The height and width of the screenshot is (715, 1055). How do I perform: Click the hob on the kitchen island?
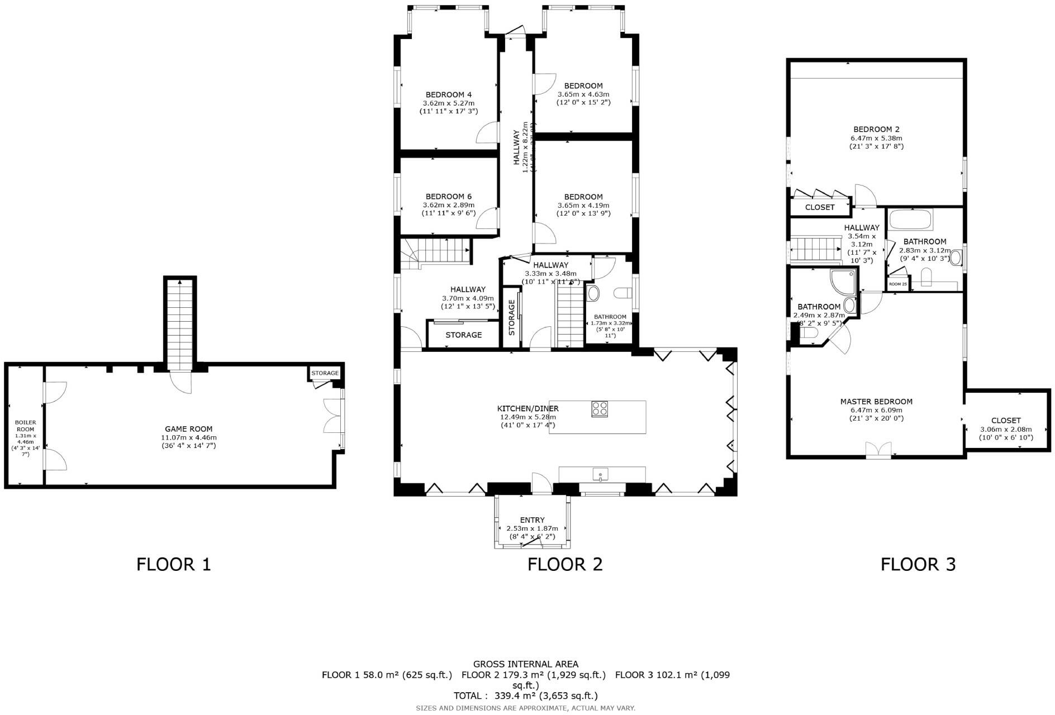(x=600, y=408)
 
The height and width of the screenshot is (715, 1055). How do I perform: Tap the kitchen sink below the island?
(x=600, y=475)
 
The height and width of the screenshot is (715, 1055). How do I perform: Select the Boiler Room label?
(x=25, y=426)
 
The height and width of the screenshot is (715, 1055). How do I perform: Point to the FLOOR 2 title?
(x=565, y=564)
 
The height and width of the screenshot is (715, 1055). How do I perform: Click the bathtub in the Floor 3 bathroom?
(x=911, y=220)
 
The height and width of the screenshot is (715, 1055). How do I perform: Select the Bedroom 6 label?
(x=448, y=197)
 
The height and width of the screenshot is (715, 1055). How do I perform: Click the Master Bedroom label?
(x=876, y=402)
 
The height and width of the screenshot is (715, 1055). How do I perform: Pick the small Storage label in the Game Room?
(x=325, y=373)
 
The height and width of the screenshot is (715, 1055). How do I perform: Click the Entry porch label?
(x=532, y=520)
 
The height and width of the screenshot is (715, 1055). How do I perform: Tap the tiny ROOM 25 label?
(x=898, y=284)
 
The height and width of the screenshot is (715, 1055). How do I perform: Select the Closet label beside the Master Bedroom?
(x=1006, y=421)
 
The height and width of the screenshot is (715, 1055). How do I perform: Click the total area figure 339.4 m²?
(x=510, y=695)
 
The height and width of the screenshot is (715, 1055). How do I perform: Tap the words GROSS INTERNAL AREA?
(x=525, y=664)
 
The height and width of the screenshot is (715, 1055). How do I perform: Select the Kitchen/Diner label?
(x=527, y=408)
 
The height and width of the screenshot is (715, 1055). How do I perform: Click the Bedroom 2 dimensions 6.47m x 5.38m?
(x=876, y=138)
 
